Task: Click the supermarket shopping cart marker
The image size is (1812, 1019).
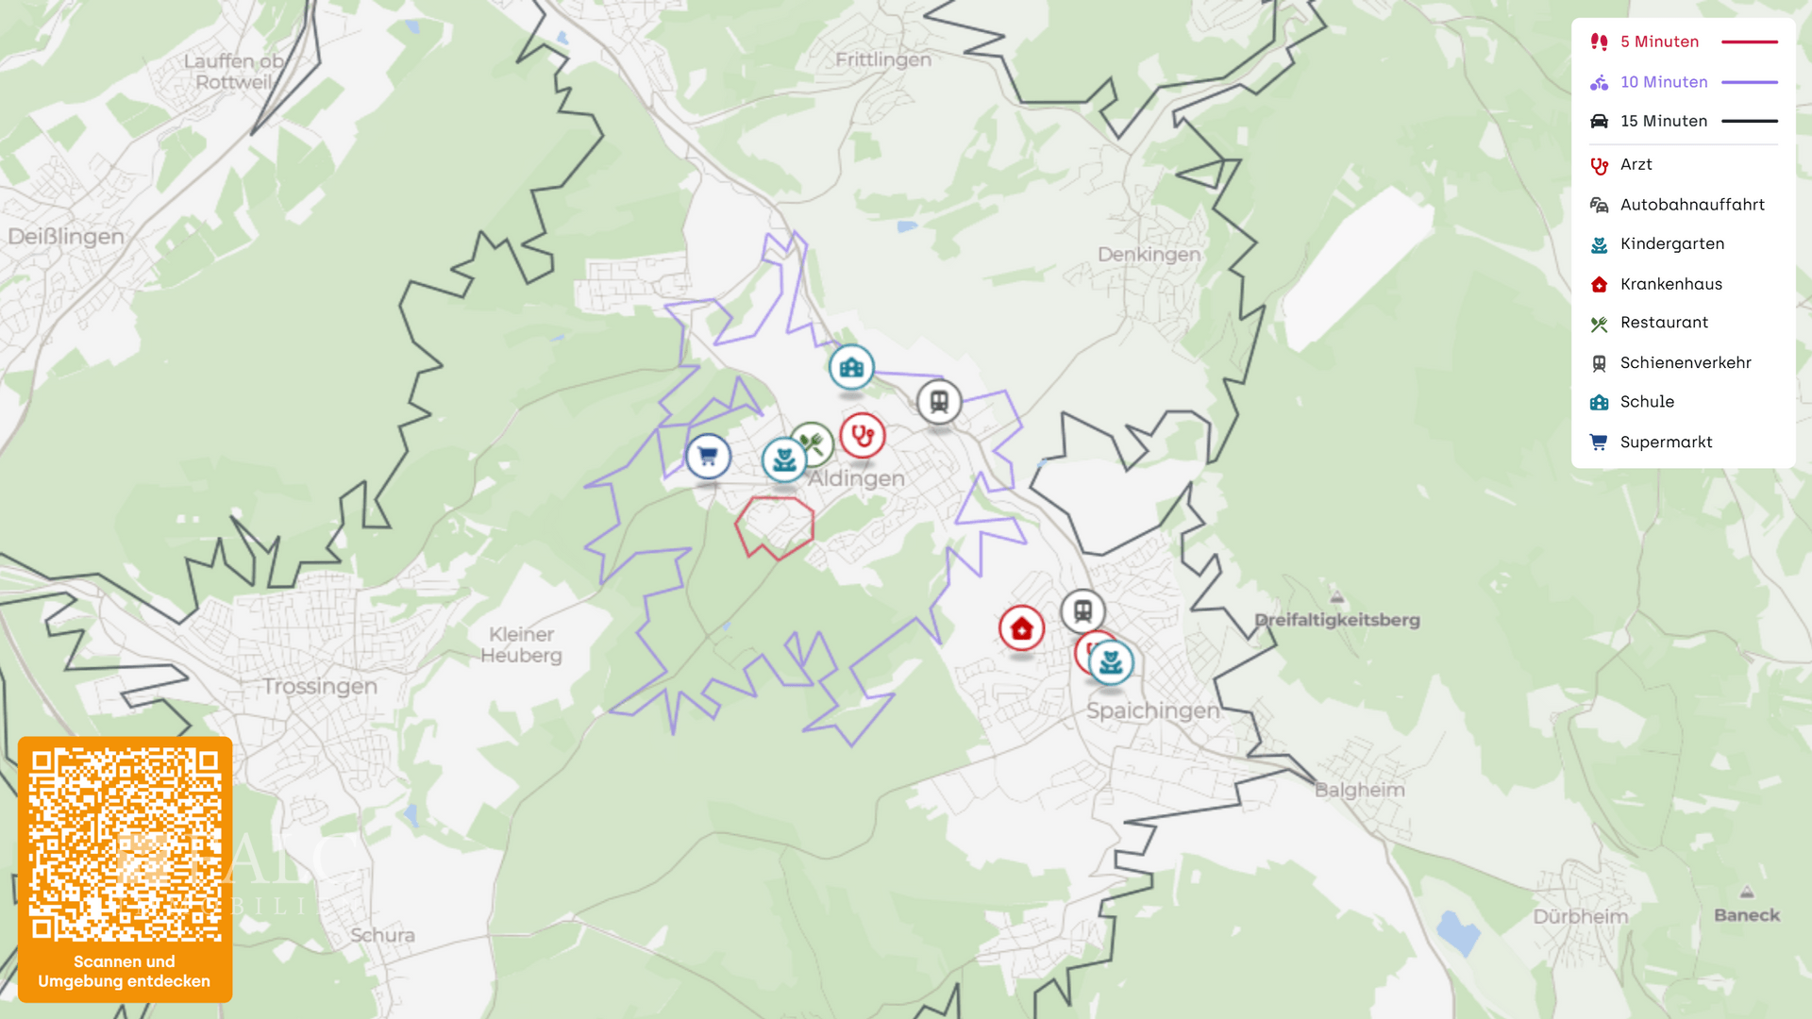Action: pyautogui.click(x=708, y=457)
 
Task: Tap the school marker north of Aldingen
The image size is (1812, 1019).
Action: pyautogui.click(x=851, y=367)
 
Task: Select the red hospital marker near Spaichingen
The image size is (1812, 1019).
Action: pyautogui.click(x=1021, y=628)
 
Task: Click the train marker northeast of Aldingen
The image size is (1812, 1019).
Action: pyautogui.click(x=939, y=402)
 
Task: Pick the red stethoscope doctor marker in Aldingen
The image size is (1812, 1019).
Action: pyautogui.click(x=863, y=436)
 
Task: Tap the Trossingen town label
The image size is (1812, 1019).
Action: pyautogui.click(x=320, y=686)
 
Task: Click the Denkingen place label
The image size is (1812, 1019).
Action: pyautogui.click(x=1149, y=255)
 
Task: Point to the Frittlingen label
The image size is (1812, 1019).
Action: pyautogui.click(x=882, y=60)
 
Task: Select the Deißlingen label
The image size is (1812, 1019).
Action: pyautogui.click(x=66, y=236)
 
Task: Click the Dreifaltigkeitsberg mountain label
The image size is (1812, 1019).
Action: pyautogui.click(x=1336, y=620)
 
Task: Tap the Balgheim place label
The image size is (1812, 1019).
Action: pyautogui.click(x=1359, y=790)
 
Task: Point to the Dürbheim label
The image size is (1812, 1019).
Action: pyautogui.click(x=1580, y=916)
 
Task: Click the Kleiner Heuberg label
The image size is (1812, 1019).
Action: pyautogui.click(x=521, y=645)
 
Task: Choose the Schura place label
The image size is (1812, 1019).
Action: pyautogui.click(x=382, y=935)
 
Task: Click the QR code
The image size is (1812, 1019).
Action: pyautogui.click(x=125, y=845)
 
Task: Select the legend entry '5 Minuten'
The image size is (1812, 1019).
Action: pyautogui.click(x=1659, y=42)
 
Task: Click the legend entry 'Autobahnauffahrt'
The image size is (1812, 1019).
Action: pyautogui.click(x=1691, y=205)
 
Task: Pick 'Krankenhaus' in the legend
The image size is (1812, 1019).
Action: pyautogui.click(x=1670, y=284)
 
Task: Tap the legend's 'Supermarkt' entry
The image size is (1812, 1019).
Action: pyautogui.click(x=1666, y=443)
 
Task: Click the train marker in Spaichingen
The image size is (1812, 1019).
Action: pyautogui.click(x=1082, y=610)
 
